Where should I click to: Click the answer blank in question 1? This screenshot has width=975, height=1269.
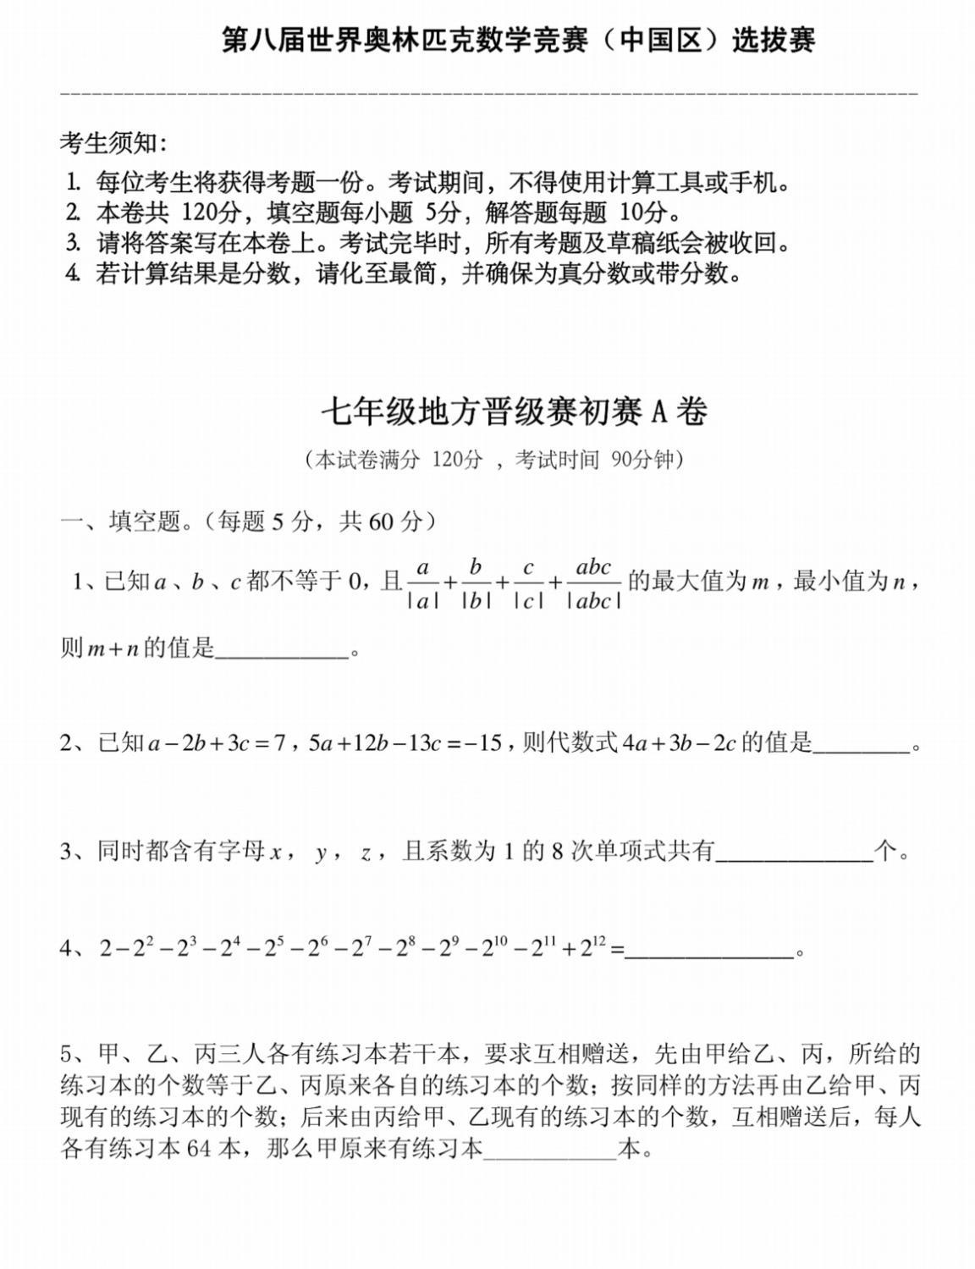click(282, 650)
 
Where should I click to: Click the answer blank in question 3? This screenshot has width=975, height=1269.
click(794, 852)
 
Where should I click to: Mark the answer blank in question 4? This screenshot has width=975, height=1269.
click(709, 950)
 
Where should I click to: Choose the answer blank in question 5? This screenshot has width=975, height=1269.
click(549, 1150)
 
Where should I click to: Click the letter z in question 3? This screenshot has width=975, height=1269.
click(366, 852)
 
